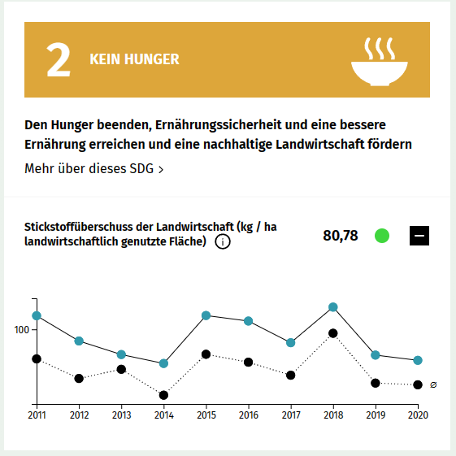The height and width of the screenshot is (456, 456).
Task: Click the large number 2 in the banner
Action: point(59,61)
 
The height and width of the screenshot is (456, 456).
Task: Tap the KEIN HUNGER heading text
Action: point(134,60)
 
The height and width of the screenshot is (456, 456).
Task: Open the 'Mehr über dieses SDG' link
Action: point(94,169)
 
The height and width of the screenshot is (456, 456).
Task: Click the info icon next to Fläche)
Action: point(222,242)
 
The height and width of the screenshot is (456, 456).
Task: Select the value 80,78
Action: point(341,237)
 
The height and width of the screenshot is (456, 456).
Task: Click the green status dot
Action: point(381,237)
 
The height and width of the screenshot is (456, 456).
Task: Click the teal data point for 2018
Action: point(332,307)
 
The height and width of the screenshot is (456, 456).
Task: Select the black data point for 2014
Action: point(163,395)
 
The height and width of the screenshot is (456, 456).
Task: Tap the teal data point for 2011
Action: point(37,315)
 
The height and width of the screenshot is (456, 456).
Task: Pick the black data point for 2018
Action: point(332,333)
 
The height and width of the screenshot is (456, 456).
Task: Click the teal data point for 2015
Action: point(206,315)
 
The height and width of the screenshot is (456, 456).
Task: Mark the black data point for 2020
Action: point(417,384)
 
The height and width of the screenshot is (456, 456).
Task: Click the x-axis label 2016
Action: point(248,415)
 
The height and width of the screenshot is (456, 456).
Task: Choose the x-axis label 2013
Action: point(121,415)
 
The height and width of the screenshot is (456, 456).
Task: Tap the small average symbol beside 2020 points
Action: point(433,384)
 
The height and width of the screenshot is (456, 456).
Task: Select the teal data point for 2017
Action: point(290,343)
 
